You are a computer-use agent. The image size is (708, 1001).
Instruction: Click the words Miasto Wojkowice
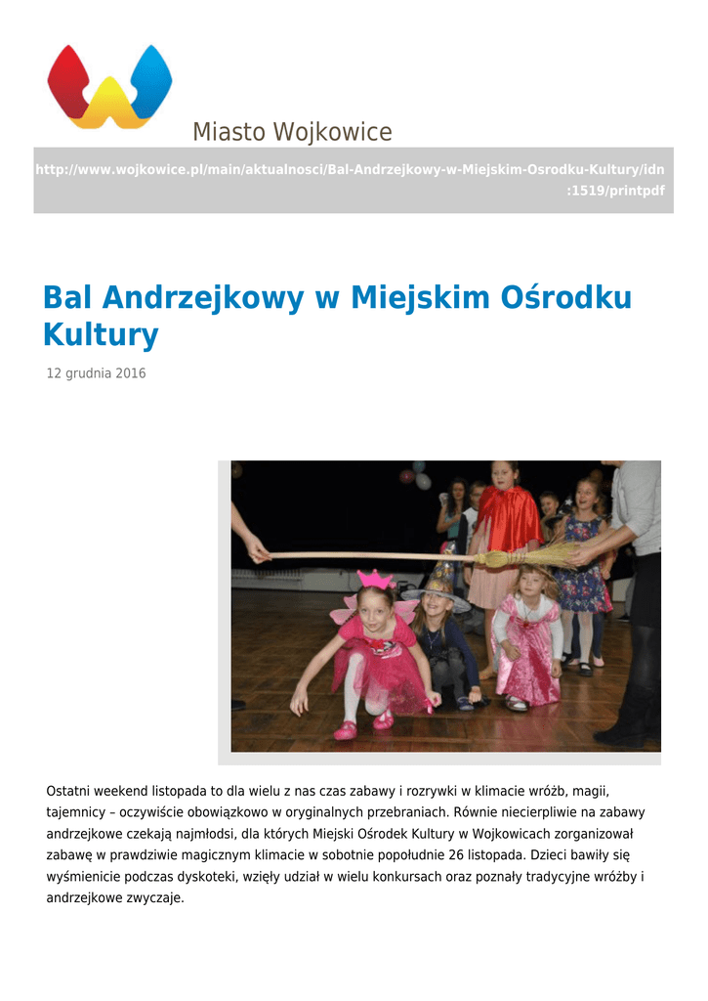pyautogui.click(x=292, y=132)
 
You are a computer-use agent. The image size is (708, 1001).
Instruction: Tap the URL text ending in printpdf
pyautogui.click(x=350, y=180)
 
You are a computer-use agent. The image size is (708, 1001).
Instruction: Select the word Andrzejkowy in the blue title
pyautogui.click(x=202, y=297)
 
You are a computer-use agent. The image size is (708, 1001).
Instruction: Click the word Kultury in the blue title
pyautogui.click(x=101, y=335)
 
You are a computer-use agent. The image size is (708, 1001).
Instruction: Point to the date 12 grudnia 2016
pyautogui.click(x=97, y=373)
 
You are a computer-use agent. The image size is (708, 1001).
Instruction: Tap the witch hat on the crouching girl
pyautogui.click(x=437, y=586)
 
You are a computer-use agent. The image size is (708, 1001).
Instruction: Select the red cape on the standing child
pyautogui.click(x=506, y=520)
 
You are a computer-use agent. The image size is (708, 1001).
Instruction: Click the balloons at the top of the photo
pyautogui.click(x=415, y=476)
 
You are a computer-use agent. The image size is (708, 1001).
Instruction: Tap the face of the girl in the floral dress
pyautogui.click(x=587, y=496)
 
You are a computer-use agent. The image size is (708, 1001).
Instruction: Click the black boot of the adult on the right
pyautogui.click(x=625, y=718)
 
